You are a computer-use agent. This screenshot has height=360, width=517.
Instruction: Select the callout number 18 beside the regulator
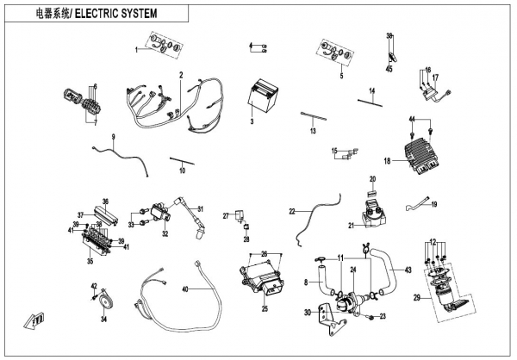[x=387, y=161]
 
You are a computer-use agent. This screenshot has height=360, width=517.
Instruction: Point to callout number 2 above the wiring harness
[x=182, y=76]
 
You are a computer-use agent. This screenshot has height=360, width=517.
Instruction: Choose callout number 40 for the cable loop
[x=183, y=289]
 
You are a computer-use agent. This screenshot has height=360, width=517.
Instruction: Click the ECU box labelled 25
[x=263, y=279]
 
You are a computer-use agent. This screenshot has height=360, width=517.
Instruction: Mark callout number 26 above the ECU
[x=265, y=252]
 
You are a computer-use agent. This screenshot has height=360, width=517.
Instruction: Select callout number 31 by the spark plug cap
[x=199, y=209]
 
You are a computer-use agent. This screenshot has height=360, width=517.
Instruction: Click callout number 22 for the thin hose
[x=292, y=211]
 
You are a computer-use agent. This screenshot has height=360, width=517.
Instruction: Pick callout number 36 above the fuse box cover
[x=106, y=201]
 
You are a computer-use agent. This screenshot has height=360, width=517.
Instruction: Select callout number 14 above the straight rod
[x=373, y=90]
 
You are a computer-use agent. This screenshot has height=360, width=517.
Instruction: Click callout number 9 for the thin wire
[x=112, y=139]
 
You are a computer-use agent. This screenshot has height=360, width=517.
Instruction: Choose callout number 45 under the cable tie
[x=389, y=68]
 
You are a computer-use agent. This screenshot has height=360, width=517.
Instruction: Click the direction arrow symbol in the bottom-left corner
[x=34, y=320]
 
